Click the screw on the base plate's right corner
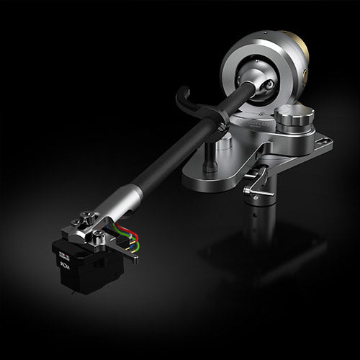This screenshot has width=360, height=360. click(x=322, y=141)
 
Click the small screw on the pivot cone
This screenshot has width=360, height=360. click(x=268, y=84)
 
